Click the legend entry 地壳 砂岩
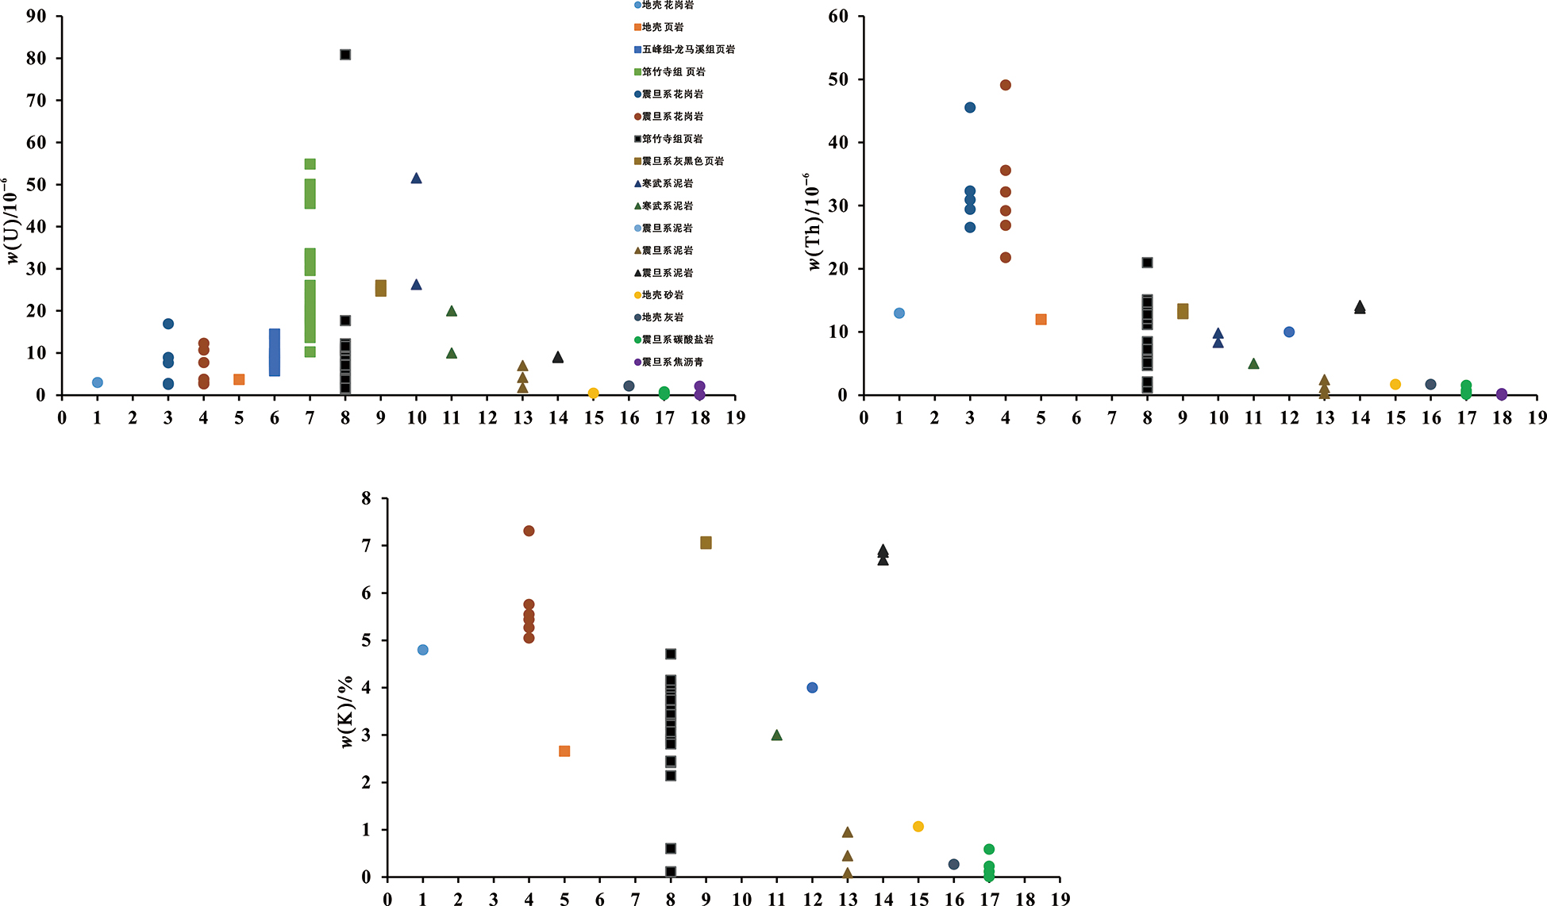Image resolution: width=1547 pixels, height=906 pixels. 662,295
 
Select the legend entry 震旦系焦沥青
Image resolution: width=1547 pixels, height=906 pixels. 672,362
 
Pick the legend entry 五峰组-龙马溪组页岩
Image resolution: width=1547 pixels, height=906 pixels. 687,49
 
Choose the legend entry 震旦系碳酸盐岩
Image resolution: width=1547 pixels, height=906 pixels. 677,340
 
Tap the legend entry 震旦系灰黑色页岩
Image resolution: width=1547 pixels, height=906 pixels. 683,161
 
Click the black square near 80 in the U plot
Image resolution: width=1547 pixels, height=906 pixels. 345,55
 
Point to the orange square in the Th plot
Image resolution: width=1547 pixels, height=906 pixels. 1041,320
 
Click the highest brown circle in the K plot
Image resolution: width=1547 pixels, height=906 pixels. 529,531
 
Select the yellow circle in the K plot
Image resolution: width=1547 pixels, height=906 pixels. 918,827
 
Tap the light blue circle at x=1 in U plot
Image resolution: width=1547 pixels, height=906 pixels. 98,382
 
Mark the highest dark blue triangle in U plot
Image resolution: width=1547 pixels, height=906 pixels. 416,179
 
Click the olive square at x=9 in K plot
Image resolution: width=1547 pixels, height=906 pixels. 706,543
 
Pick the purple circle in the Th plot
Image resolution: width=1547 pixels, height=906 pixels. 1502,394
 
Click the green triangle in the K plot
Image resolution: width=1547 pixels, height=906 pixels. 776,735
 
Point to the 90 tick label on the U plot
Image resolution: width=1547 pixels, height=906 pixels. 37,16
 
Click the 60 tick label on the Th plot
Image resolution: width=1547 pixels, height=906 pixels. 838,16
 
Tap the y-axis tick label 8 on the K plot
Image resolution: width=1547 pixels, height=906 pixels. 366,498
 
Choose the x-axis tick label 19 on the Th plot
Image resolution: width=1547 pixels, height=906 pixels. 1537,418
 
